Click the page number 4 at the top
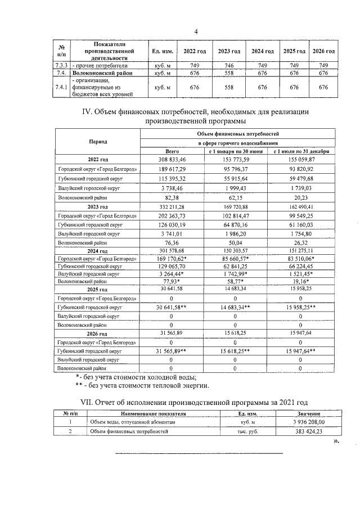click(196, 31)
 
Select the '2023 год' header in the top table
click(229, 51)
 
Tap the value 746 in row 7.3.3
click(229, 65)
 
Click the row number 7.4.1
click(61, 87)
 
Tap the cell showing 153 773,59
click(235, 160)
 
